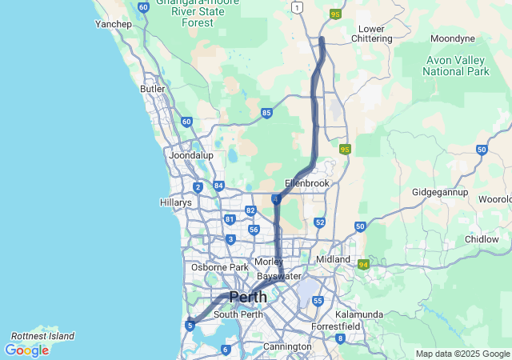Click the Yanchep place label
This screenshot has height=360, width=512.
114,24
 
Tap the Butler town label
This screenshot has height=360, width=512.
153,90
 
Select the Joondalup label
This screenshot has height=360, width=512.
190,155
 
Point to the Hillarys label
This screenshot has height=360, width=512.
176,203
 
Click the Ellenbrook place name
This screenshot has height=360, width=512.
307,183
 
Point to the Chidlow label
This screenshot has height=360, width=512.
482,239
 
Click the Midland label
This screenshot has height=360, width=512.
333,260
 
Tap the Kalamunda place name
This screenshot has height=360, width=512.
359,314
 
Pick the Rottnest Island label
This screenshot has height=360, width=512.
42,336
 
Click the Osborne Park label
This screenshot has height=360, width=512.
219,267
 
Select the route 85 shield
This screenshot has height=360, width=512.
266,113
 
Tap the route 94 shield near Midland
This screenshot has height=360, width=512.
364,264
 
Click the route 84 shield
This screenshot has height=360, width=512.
218,186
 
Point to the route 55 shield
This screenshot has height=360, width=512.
318,301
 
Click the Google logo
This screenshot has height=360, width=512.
26,350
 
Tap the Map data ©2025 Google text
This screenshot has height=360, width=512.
462,354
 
